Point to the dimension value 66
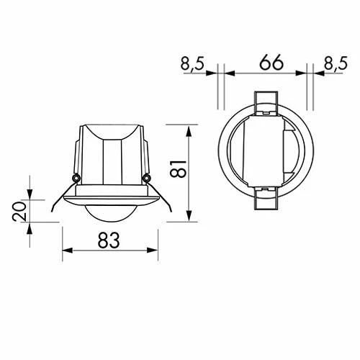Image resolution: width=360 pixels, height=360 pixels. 266,62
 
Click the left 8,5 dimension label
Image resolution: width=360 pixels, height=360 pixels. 194,63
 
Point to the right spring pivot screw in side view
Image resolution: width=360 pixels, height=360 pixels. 146,178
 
